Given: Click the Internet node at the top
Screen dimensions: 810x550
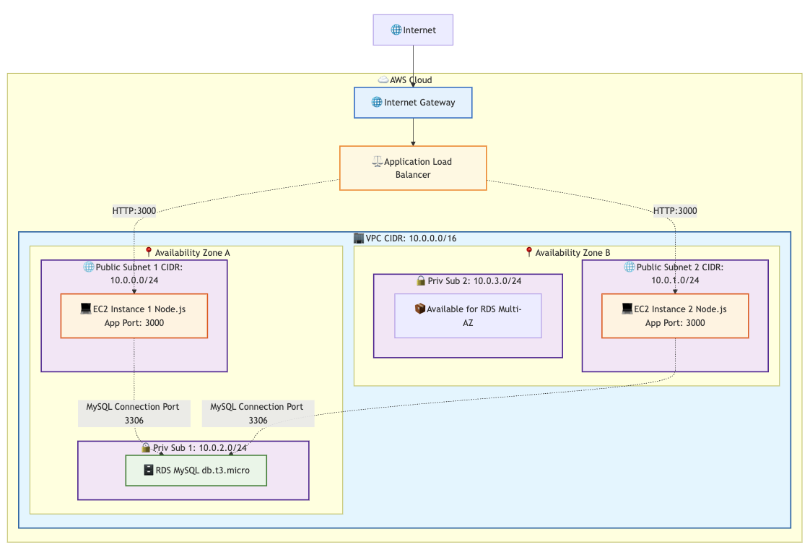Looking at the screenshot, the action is pyautogui.click(x=413, y=30).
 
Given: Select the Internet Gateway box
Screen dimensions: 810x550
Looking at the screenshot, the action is pyautogui.click(x=413, y=103).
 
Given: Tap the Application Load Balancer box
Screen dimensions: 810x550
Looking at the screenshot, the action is pyautogui.click(x=413, y=168).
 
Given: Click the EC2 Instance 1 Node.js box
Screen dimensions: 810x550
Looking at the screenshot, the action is pyautogui.click(x=134, y=316).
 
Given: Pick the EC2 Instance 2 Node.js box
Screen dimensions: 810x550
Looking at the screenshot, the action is pyautogui.click(x=675, y=316).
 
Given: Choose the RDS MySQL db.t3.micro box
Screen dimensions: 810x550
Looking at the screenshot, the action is pyautogui.click(x=196, y=470).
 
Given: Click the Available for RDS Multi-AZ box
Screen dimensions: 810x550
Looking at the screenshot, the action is pyautogui.click(x=468, y=316).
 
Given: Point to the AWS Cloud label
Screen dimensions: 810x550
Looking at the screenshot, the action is pyautogui.click(x=405, y=80).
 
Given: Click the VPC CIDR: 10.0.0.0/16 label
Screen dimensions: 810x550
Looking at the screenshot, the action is pyautogui.click(x=406, y=239).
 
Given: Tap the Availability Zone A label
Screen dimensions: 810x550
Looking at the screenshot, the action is pyautogui.click(x=187, y=252).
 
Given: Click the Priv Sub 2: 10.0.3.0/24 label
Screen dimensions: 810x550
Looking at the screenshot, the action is pyautogui.click(x=469, y=280).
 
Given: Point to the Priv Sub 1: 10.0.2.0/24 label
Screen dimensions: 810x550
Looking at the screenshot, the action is pyautogui.click(x=194, y=447).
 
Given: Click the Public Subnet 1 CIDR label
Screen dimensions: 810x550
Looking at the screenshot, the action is pyautogui.click(x=134, y=273).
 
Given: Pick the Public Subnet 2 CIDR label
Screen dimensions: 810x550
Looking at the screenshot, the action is pyautogui.click(x=675, y=273).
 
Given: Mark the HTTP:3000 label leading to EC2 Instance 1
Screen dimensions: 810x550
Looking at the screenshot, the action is pyautogui.click(x=134, y=211).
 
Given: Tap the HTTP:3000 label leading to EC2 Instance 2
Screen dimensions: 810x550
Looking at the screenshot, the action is pyautogui.click(x=675, y=211).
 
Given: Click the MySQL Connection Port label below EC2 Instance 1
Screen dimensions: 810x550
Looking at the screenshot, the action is pyautogui.click(x=134, y=413).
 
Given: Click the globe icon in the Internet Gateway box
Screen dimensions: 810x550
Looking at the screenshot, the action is pyautogui.click(x=377, y=103).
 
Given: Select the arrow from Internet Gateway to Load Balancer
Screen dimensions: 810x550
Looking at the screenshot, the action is pyautogui.click(x=413, y=132).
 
